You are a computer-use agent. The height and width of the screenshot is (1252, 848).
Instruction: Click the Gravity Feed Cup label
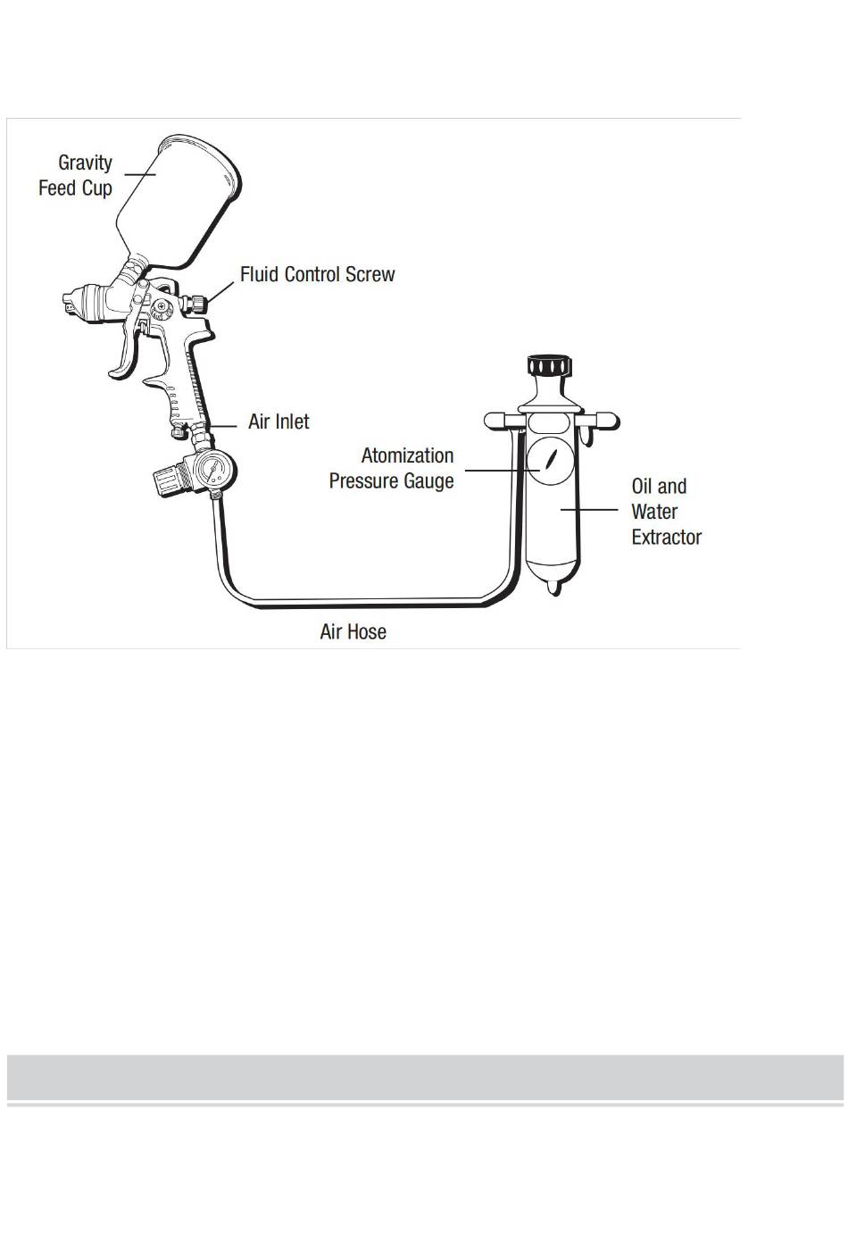(75, 175)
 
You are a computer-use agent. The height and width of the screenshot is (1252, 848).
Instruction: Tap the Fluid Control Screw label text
(317, 274)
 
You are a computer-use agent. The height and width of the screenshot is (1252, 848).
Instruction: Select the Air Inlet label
(279, 422)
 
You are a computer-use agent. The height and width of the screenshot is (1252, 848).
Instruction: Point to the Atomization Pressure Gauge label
(391, 468)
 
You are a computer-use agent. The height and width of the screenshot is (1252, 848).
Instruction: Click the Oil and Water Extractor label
(667, 512)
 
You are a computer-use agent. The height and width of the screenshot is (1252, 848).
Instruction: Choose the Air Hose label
(353, 631)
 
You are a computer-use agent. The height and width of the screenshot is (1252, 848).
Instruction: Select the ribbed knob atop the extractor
(550, 365)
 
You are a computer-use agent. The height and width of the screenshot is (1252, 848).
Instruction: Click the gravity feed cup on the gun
(179, 200)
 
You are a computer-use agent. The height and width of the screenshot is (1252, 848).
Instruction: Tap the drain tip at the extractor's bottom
(553, 588)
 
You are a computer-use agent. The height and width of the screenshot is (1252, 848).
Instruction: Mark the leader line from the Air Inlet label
(223, 427)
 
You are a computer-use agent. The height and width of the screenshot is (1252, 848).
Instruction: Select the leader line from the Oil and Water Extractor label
(589, 509)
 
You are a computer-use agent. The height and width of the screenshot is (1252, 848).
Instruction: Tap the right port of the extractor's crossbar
(606, 421)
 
